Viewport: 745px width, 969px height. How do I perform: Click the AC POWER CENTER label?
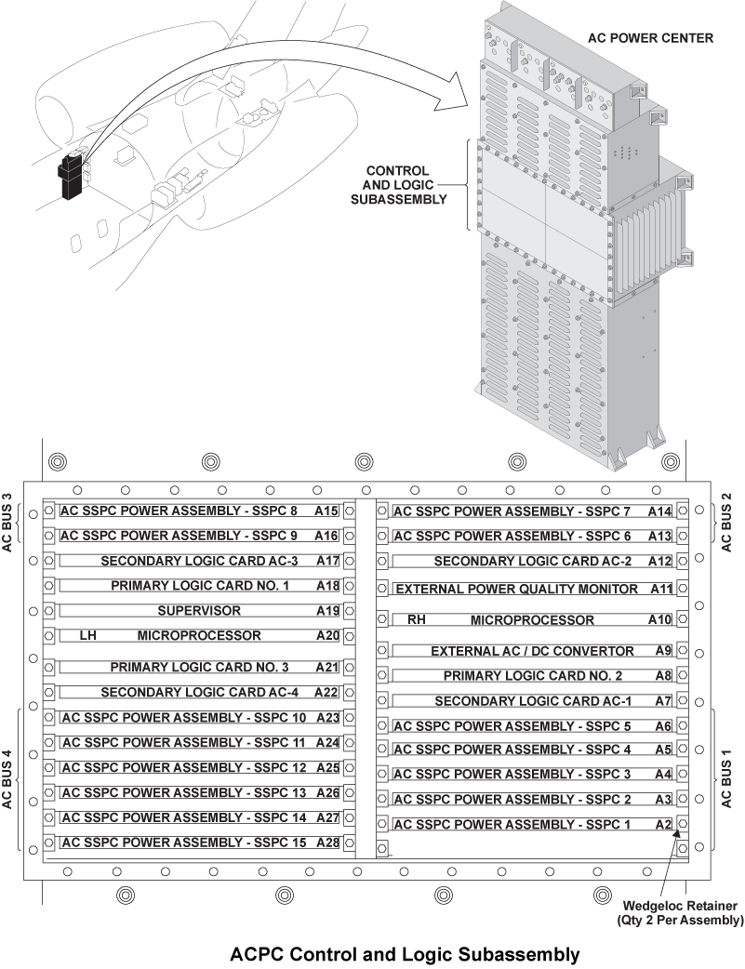point(650,38)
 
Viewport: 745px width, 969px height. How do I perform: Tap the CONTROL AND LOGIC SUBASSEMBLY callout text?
point(397,184)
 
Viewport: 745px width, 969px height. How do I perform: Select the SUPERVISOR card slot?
point(199,611)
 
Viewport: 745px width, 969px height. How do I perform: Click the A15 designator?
point(326,511)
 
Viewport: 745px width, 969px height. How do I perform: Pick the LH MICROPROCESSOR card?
point(199,636)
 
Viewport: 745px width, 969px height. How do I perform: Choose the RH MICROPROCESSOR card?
point(532,619)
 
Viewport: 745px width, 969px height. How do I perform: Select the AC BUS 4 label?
point(8,777)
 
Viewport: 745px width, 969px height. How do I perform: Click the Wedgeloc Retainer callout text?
point(682,912)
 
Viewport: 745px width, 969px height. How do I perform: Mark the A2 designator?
point(662,824)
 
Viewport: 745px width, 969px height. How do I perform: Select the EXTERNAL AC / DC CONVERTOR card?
point(532,651)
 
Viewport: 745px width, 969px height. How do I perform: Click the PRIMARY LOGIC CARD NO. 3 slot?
point(199,667)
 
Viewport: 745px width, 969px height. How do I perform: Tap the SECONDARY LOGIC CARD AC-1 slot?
point(532,700)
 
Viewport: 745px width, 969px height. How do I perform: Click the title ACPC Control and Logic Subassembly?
point(405,954)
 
